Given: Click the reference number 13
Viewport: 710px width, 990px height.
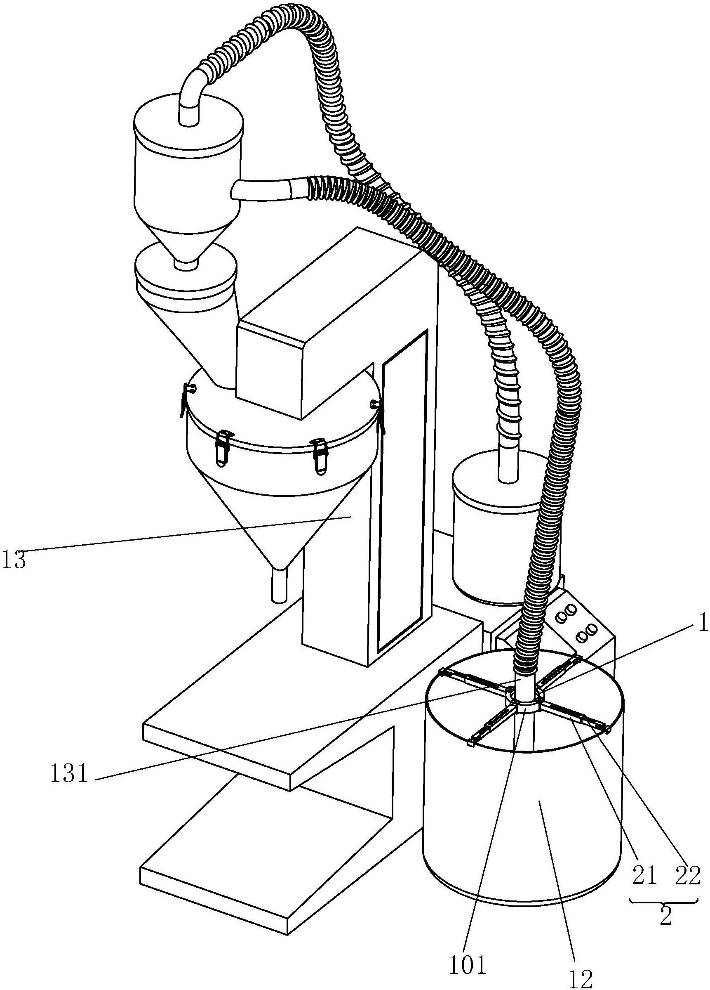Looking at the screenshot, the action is (14, 560).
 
